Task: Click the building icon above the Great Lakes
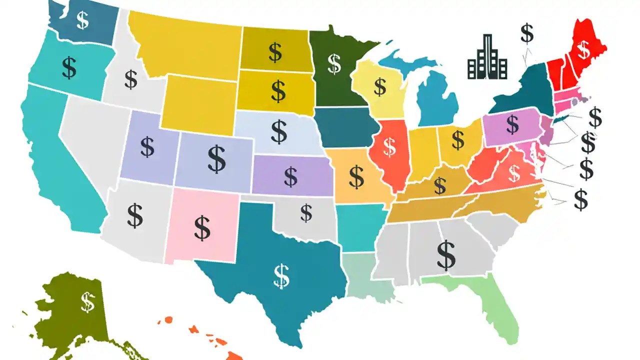[x=487, y=59]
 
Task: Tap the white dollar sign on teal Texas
[x=281, y=276]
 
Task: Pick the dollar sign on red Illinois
[x=389, y=145]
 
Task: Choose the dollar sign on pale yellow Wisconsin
[x=380, y=86]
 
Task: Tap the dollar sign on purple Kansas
[x=290, y=175]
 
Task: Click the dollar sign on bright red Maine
[x=582, y=48]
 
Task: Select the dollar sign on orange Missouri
[x=356, y=176]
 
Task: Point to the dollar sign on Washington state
[x=83, y=20]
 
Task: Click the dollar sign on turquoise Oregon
[x=69, y=68]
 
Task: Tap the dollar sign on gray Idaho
[x=131, y=79]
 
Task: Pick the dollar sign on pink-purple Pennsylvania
[x=512, y=124]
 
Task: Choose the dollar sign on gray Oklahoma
[x=306, y=213]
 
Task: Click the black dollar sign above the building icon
[x=526, y=33]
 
